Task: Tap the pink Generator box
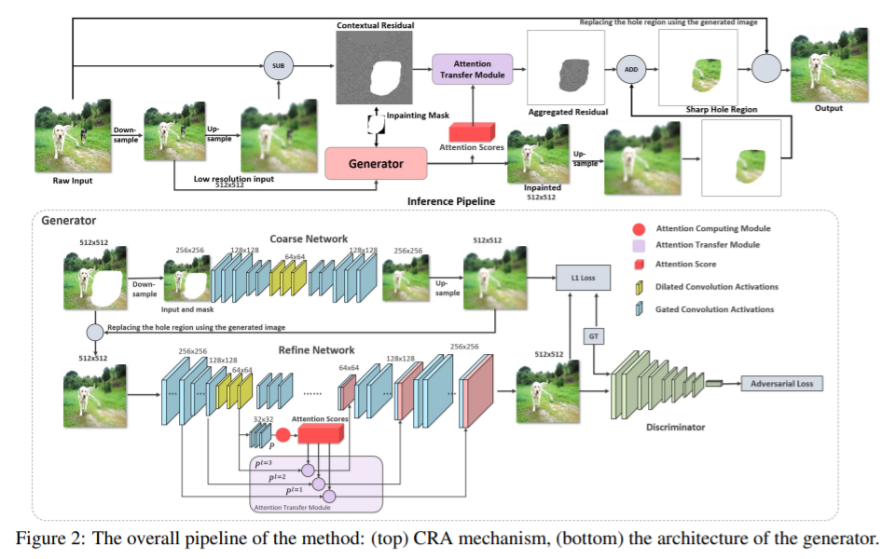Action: [376, 163]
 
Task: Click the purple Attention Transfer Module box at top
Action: [472, 68]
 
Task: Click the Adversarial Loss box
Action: [781, 383]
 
